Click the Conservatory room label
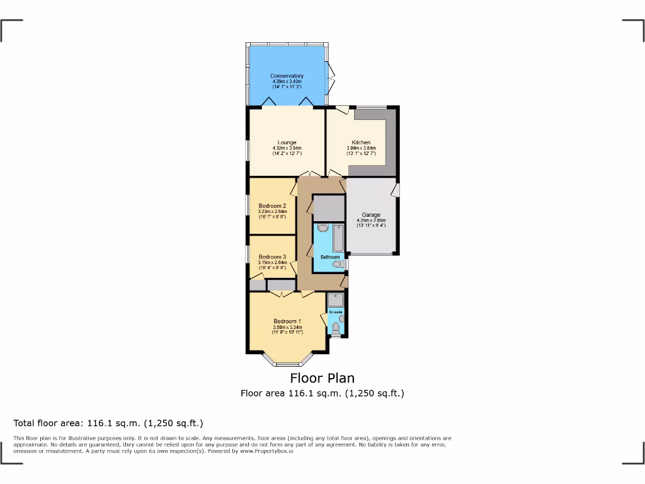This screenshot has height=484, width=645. [x=287, y=76]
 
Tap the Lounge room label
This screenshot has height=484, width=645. [x=287, y=142]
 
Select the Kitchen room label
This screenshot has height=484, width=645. [x=361, y=142]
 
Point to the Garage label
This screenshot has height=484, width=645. [x=371, y=215]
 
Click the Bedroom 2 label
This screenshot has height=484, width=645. [x=272, y=205]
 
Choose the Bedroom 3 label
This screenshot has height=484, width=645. [x=272, y=256]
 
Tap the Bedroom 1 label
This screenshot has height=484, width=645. [x=287, y=321]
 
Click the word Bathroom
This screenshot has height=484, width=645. [x=330, y=257]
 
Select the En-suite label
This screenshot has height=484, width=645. [x=336, y=312]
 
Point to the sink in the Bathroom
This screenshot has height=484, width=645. [x=323, y=228]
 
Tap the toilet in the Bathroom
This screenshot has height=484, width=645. [x=336, y=265]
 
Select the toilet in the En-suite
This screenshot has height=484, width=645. [x=336, y=326]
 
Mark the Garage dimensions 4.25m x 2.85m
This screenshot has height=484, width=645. [x=371, y=221]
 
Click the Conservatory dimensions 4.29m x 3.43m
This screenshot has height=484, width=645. [x=287, y=81]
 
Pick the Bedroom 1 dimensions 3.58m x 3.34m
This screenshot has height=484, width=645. [x=287, y=327]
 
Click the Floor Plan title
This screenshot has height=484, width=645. [x=322, y=378]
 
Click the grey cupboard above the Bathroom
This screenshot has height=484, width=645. [x=329, y=208]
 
